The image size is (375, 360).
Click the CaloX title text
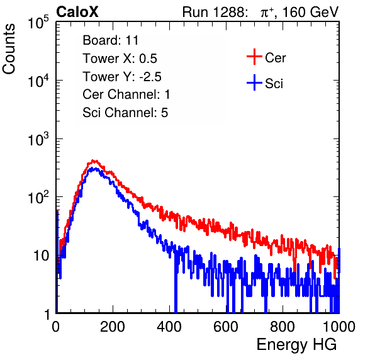click(77, 12)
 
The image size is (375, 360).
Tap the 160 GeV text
click(311, 12)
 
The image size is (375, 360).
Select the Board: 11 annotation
click(111, 40)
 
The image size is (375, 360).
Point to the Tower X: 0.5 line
click(120, 59)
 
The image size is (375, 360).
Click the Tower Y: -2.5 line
click(122, 77)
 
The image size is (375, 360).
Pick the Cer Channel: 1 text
click(126, 94)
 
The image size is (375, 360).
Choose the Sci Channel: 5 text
click(125, 113)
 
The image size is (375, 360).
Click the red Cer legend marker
click(254, 57)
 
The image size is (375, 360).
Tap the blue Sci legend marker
click(254, 83)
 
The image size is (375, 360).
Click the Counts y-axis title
click(9, 49)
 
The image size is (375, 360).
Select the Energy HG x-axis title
click(296, 345)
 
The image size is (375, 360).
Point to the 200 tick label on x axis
click(113, 327)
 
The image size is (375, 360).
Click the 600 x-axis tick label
click(226, 327)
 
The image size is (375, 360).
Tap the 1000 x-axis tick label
click(339, 327)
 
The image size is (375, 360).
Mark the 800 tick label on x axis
click(283, 327)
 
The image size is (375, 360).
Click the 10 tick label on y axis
click(41, 256)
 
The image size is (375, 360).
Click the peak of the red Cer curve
click(94, 160)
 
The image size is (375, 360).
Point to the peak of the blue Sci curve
click(95, 169)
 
